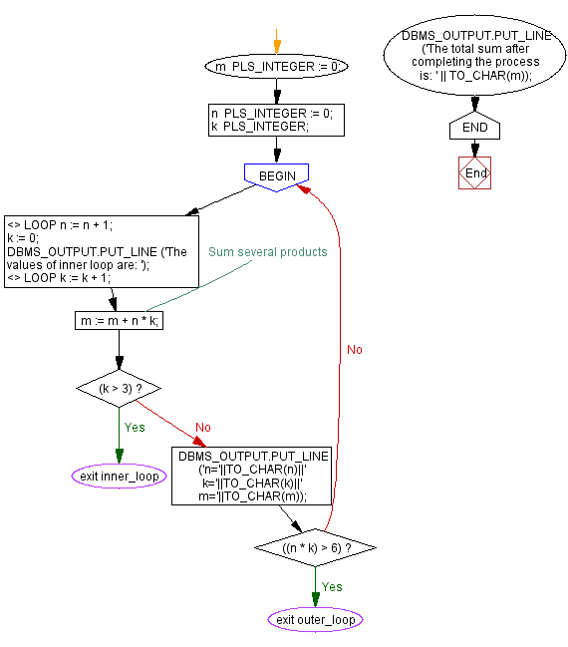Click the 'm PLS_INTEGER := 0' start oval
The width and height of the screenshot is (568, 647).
tap(276, 67)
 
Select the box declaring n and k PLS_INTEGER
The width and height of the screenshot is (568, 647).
tap(276, 120)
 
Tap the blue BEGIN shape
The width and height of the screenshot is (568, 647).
tap(276, 175)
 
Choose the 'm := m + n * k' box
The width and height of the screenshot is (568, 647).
tap(119, 320)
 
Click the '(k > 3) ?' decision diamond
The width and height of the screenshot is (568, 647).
tap(119, 387)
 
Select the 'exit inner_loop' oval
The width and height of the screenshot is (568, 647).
tap(119, 476)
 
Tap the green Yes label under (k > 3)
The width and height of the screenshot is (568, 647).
tap(135, 427)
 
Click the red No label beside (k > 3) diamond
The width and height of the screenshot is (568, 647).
tap(203, 427)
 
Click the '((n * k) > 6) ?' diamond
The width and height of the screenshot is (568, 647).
tap(315, 547)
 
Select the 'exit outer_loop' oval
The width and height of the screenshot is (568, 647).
tap(315, 620)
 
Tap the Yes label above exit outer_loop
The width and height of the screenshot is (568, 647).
tap(332, 587)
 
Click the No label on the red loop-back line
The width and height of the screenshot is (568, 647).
tap(354, 350)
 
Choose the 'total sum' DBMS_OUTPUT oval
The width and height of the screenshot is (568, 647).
tap(474, 62)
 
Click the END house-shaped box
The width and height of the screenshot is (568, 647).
tap(474, 127)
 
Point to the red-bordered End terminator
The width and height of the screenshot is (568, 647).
tap(475, 172)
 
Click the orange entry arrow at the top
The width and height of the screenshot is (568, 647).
tap(276, 46)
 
